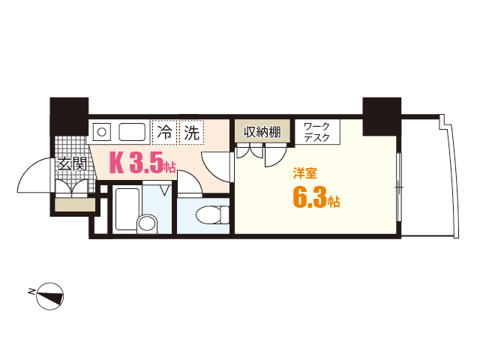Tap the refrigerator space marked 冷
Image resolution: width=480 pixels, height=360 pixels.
(163, 134)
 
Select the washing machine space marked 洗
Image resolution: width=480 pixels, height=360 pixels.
(191, 134)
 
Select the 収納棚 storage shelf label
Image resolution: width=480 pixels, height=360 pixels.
(262, 133)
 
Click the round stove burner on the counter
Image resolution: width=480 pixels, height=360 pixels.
(102, 132)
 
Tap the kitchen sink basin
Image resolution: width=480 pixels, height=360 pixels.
(134, 132)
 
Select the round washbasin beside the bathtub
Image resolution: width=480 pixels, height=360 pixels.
(148, 223)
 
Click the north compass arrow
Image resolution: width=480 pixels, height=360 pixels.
(50, 295)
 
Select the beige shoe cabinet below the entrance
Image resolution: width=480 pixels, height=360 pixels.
(74, 205)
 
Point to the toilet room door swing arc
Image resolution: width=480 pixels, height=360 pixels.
(187, 183)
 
